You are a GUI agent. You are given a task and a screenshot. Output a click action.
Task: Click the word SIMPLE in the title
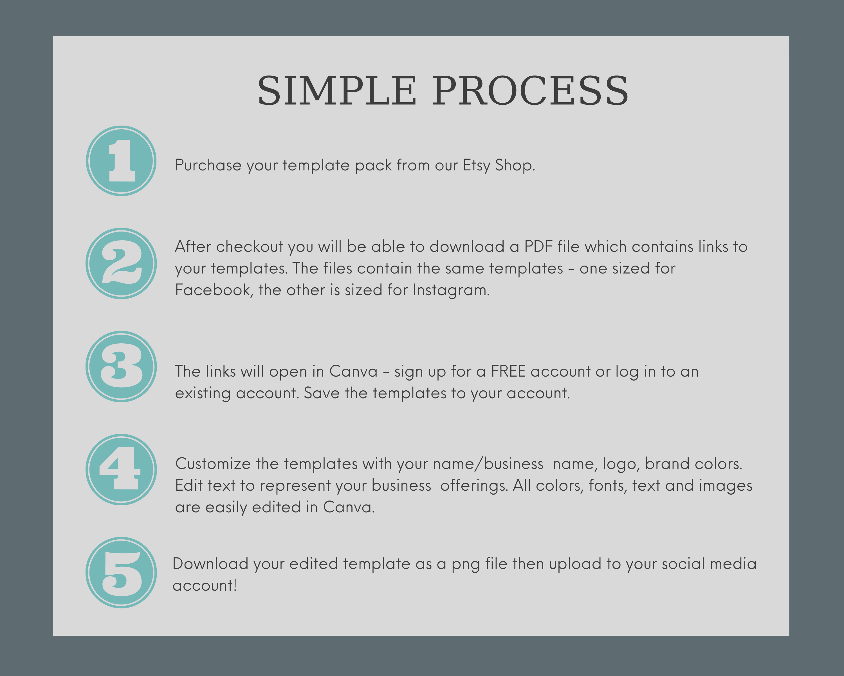point(337,91)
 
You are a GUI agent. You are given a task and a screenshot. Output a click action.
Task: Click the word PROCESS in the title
point(530,91)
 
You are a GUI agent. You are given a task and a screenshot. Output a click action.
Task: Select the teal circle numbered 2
point(121,263)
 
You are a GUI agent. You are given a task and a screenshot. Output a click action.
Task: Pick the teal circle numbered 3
point(121,366)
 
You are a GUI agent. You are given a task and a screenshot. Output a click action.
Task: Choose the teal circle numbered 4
point(121,470)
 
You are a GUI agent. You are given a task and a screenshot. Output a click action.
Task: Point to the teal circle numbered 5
point(121,573)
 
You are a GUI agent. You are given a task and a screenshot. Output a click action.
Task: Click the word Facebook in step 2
point(214,290)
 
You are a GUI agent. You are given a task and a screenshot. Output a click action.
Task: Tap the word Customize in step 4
point(213,464)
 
